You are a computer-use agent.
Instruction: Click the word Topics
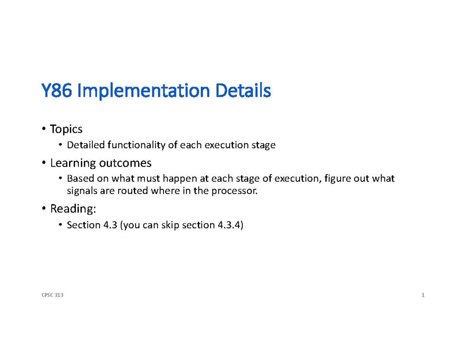(66, 129)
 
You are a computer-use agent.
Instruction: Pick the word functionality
(141, 146)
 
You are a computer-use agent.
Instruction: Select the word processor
(239, 191)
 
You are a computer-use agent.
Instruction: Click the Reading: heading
(72, 209)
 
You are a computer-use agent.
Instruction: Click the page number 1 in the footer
(423, 296)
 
